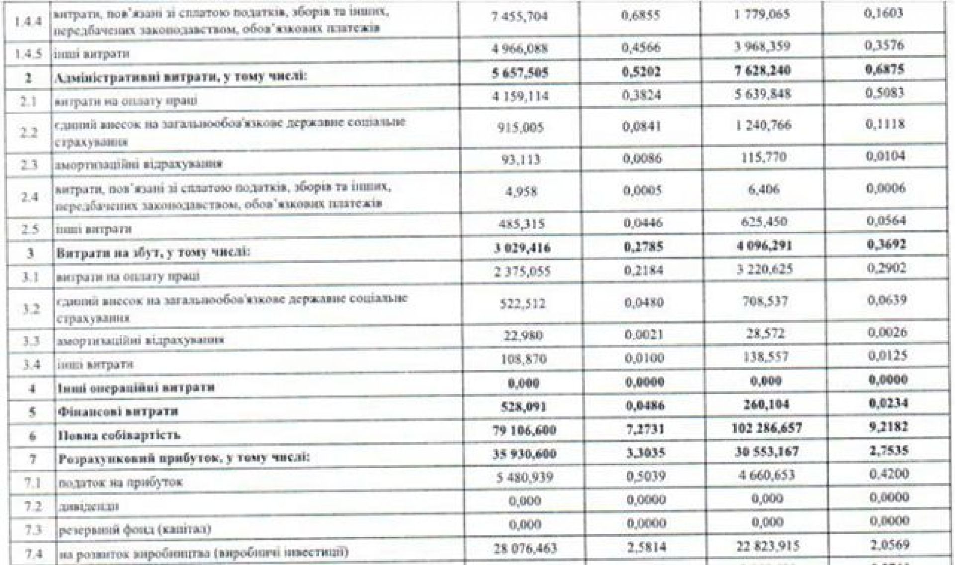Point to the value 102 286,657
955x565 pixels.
click(766, 428)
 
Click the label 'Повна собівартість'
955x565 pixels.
click(119, 436)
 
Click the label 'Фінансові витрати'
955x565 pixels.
click(118, 412)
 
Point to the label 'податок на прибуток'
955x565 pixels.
click(120, 482)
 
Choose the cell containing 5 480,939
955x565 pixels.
click(525, 477)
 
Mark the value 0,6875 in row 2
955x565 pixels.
click(887, 69)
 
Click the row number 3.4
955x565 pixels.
click(31, 365)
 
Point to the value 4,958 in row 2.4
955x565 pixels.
click(522, 192)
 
